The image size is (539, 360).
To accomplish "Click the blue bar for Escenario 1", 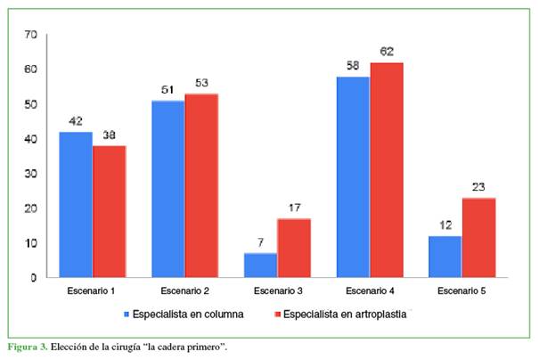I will click(76, 205).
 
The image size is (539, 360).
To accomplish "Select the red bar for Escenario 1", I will click(109, 212).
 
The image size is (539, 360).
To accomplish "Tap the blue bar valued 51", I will click(168, 189).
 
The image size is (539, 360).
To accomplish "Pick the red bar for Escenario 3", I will click(293, 249).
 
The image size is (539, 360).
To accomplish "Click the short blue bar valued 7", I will click(260, 266).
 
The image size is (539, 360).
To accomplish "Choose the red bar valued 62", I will click(386, 170).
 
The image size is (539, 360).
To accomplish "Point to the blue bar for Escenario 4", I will click(353, 177).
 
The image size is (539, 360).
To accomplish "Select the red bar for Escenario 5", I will click(478, 238).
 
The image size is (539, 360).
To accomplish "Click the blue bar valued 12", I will click(445, 257).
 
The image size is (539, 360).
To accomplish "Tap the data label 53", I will click(201, 84).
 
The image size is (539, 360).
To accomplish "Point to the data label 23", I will click(478, 188).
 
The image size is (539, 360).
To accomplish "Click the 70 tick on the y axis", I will click(31, 35).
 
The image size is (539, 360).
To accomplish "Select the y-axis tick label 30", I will click(31, 174).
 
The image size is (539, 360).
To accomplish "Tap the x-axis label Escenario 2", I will click(184, 291).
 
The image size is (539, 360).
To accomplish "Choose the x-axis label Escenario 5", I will click(461, 291).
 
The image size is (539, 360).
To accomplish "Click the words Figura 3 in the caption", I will click(27, 346).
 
